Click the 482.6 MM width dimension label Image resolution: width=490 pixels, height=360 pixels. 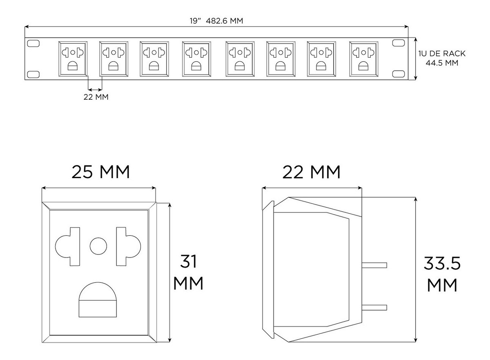(x=225, y=21)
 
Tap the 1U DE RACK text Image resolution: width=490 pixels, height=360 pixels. (x=442, y=54)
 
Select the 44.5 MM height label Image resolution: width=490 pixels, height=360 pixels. (x=442, y=63)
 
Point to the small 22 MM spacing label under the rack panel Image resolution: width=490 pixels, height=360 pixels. (x=96, y=97)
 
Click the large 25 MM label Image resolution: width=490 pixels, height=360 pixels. (x=100, y=172)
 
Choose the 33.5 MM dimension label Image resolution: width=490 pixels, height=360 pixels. (x=442, y=275)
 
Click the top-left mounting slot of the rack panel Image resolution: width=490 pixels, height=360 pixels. (x=33, y=43)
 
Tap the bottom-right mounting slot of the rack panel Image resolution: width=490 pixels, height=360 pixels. (x=399, y=74)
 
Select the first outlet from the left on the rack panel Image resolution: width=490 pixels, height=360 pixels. (x=73, y=59)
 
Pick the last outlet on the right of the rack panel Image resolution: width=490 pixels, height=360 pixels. (x=363, y=59)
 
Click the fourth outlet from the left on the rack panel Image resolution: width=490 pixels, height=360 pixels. (x=196, y=59)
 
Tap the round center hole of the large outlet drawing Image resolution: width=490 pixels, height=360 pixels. (x=98, y=246)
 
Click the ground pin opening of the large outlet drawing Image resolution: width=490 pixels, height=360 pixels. (x=98, y=300)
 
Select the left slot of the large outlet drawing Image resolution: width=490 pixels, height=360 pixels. (x=67, y=246)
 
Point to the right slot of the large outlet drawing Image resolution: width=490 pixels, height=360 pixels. (x=128, y=246)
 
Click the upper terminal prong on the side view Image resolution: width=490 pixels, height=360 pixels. (x=374, y=265)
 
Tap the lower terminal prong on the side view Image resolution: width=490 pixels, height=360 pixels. (x=374, y=307)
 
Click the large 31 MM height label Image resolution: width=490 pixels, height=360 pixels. (x=188, y=272)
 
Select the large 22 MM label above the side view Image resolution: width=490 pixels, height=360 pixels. (x=312, y=172)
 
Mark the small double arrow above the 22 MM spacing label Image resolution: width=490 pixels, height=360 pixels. (x=95, y=89)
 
